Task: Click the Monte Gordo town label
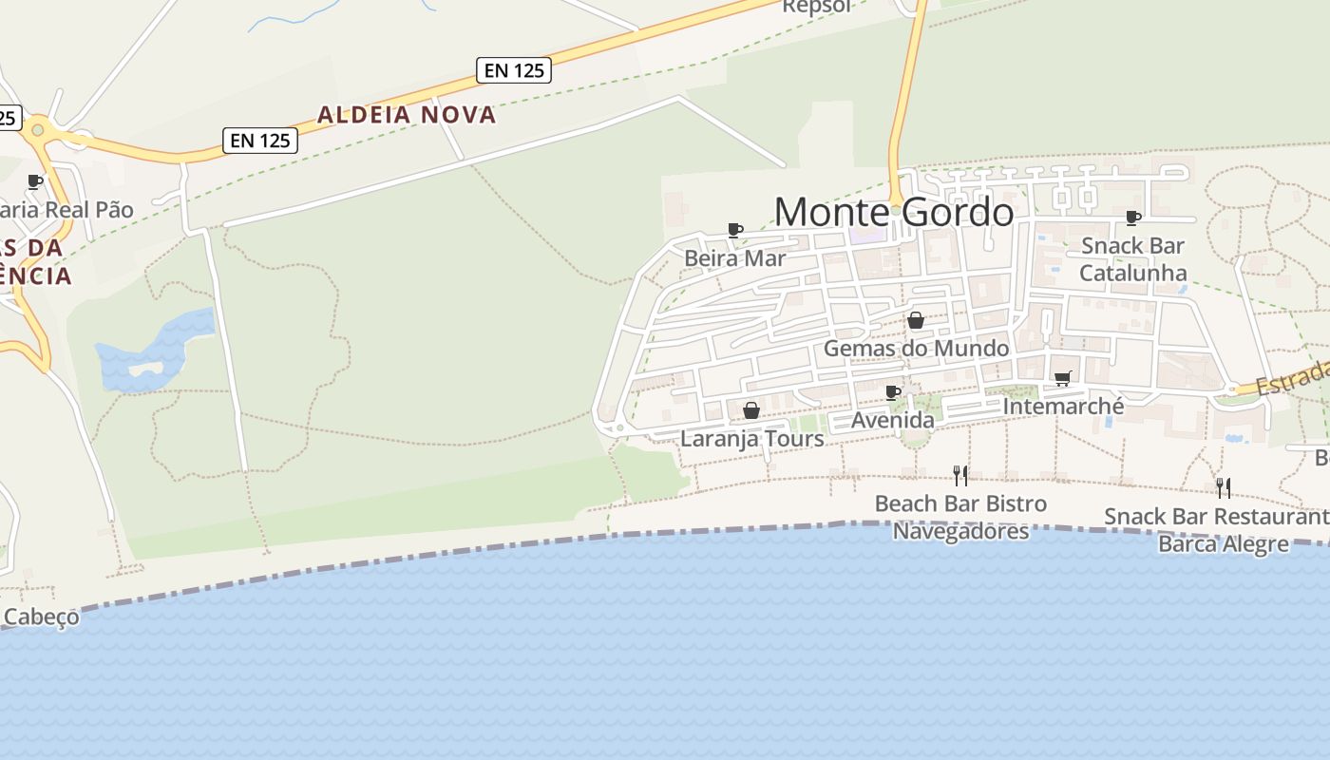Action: (894, 211)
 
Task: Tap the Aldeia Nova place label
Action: (407, 115)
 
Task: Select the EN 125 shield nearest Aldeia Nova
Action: (260, 141)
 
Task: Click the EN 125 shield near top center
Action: (514, 69)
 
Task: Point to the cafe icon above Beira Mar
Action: (734, 229)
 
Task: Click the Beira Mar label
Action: (734, 257)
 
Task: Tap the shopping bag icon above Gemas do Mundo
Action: (916, 320)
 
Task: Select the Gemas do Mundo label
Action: (916, 348)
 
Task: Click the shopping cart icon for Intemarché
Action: (1063, 379)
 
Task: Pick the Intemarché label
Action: (1063, 407)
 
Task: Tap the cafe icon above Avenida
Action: (893, 392)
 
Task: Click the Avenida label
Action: (893, 419)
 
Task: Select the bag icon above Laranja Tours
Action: (751, 410)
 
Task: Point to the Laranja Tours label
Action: (751, 439)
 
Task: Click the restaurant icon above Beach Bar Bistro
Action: (960, 475)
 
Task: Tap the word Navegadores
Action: (960, 530)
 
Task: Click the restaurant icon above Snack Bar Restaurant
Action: (1224, 487)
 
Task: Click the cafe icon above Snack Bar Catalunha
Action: (1132, 218)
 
